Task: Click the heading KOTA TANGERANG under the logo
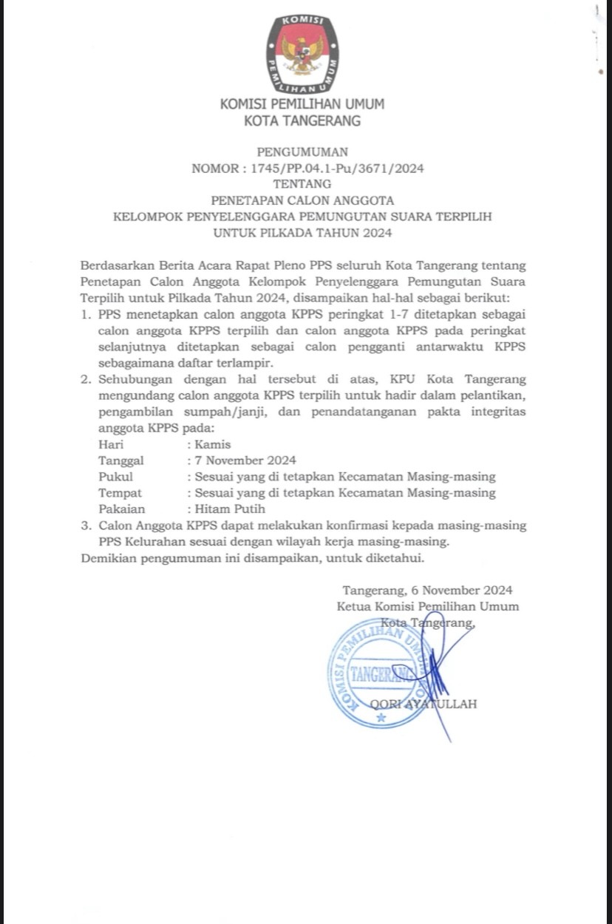[302, 121]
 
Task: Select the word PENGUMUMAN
[302, 152]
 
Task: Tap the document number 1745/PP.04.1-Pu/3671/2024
[337, 169]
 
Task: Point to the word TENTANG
[302, 184]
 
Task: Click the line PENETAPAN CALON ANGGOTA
[302, 200]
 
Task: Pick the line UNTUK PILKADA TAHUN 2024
[302, 233]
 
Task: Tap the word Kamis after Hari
[212, 445]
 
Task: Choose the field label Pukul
[115, 477]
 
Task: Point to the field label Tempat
[120, 493]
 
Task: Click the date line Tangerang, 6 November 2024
[427, 591]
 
